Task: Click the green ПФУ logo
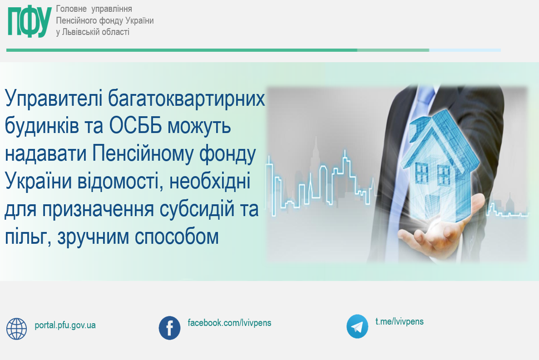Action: pos(30,21)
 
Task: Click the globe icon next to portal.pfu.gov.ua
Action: pos(16,329)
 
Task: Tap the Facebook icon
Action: pos(169,328)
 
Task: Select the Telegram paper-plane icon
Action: pos(357,326)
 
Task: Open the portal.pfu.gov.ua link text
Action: pos(65,325)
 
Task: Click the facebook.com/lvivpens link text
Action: pos(229,323)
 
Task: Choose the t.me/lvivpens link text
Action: pos(400,321)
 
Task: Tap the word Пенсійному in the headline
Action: pos(143,154)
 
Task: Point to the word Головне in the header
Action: pos(71,9)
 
